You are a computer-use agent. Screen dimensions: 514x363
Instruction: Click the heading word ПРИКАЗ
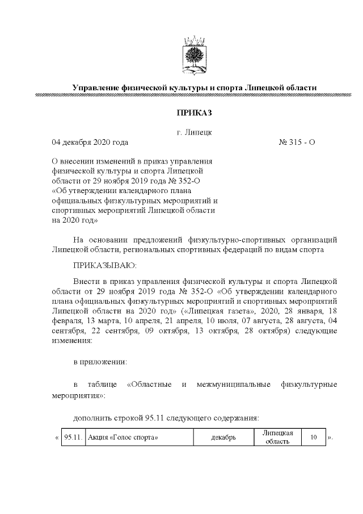[x=194, y=114]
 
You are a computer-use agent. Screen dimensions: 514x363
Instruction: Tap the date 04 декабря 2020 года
[x=90, y=142]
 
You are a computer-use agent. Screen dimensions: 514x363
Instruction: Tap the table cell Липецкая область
[x=277, y=437]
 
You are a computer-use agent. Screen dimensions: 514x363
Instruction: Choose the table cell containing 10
[x=313, y=437]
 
